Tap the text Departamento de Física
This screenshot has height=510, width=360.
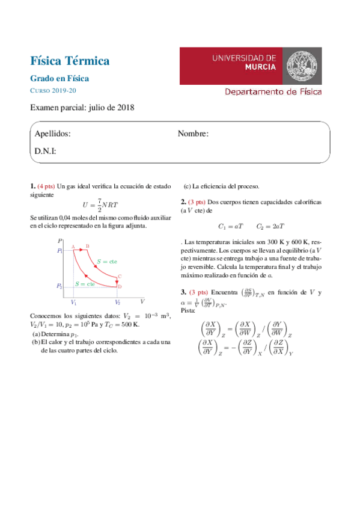click(x=273, y=92)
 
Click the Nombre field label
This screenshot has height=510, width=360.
click(x=194, y=134)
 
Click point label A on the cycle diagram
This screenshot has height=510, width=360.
click(x=73, y=247)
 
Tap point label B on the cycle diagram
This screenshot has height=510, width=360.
click(x=87, y=246)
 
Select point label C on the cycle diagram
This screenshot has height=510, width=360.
click(x=120, y=277)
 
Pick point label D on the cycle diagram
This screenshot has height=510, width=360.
click(x=120, y=287)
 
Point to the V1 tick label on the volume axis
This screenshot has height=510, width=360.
click(x=73, y=303)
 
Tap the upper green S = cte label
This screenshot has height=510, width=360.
click(x=106, y=262)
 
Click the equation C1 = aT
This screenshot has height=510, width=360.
click(x=231, y=227)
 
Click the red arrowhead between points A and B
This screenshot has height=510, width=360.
click(x=81, y=249)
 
